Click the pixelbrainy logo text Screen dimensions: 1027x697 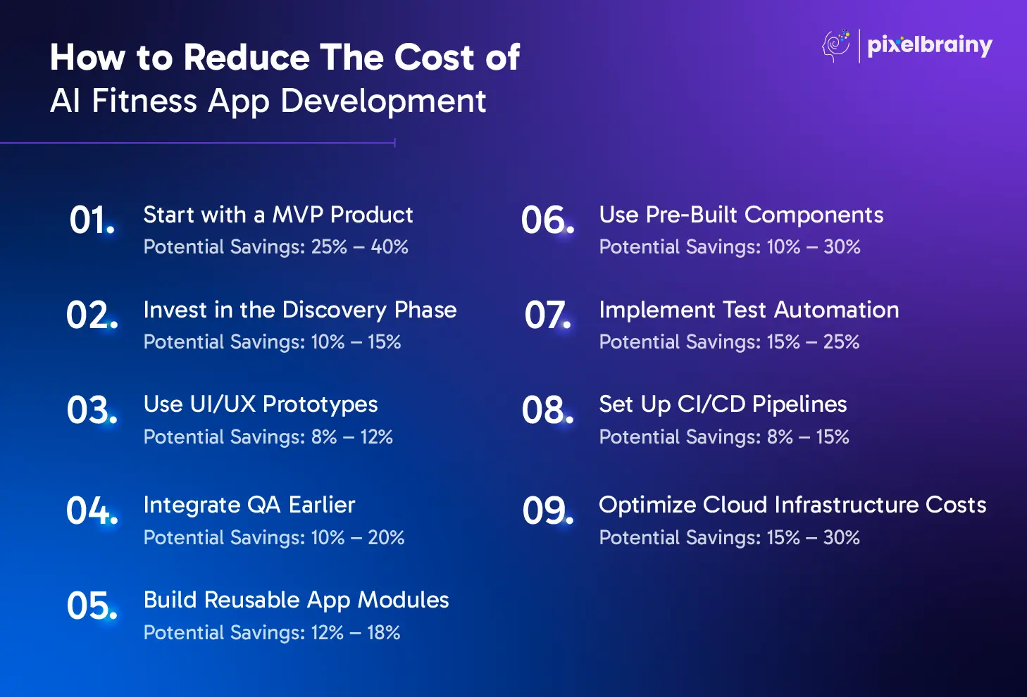tap(930, 46)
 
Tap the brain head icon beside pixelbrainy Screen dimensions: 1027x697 tap(836, 46)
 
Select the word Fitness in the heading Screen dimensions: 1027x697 tap(144, 101)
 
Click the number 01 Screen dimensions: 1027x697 tap(92, 220)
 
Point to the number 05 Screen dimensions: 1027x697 tap(92, 605)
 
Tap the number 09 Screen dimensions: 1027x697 tap(548, 511)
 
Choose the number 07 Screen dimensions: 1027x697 tap(547, 315)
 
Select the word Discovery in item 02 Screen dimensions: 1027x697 tap(335, 310)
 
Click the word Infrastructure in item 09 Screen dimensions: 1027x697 tap(846, 505)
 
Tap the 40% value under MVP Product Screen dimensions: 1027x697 tap(390, 247)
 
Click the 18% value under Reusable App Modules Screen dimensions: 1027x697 tap(383, 633)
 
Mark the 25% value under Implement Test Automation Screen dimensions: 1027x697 tap(841, 342)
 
